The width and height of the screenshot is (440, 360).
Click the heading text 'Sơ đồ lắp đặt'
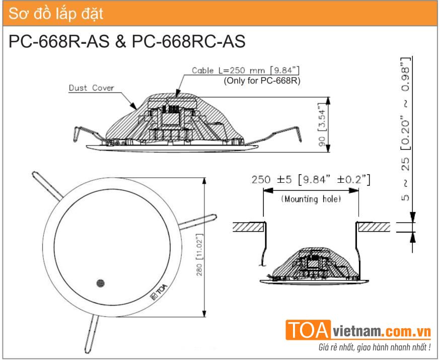(54, 14)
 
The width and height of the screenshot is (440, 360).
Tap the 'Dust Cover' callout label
(91, 88)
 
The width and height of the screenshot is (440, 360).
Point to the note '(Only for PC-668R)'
(261, 80)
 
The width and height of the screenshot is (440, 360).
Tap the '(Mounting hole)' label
(311, 199)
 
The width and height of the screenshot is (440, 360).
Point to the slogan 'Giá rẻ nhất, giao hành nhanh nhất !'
(375, 347)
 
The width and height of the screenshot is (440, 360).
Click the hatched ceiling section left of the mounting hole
(248, 227)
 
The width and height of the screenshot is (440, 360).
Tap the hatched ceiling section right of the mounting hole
(375, 227)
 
